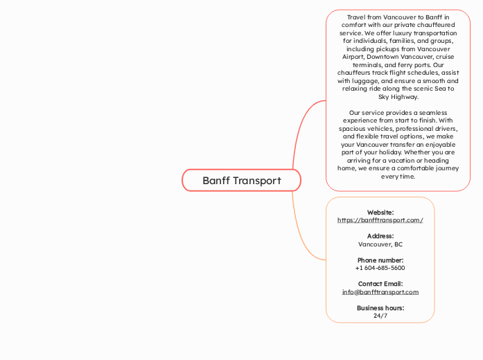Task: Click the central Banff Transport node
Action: (x=241, y=181)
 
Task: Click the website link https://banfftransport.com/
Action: (x=380, y=220)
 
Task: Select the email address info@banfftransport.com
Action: (x=380, y=292)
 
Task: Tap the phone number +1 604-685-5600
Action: (x=380, y=268)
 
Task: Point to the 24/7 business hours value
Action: (x=380, y=316)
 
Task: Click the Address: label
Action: (x=380, y=236)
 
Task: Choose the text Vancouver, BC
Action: (x=380, y=244)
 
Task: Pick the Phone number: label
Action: (x=380, y=260)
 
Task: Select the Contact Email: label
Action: (x=380, y=284)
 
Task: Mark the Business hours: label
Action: (x=380, y=308)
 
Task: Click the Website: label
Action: (x=380, y=213)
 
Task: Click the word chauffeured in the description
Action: (x=432, y=25)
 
